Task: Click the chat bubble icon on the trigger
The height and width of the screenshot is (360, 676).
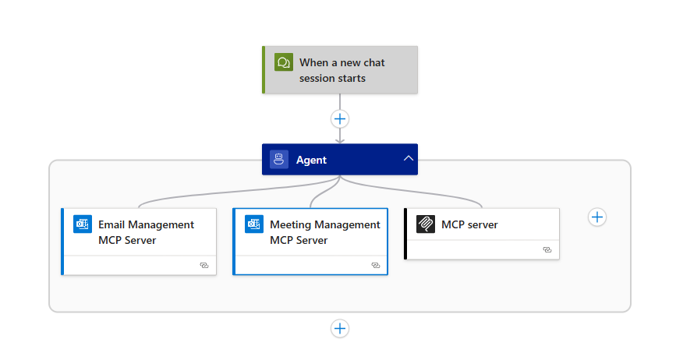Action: [x=283, y=62]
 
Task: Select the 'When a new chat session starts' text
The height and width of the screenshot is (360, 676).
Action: [x=342, y=70]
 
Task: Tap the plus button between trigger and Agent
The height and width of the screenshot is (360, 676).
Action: [x=340, y=119]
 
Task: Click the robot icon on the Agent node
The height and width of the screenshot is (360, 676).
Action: [x=279, y=160]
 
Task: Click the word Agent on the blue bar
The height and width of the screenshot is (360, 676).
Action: [x=311, y=160]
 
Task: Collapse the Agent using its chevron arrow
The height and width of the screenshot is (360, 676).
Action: [x=408, y=159]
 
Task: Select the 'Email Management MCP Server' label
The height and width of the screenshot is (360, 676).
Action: [x=146, y=232]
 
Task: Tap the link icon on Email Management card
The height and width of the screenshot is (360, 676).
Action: [x=204, y=266]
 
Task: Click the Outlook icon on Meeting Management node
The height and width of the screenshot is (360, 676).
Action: [x=254, y=224]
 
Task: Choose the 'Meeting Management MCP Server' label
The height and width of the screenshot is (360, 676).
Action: [x=324, y=232]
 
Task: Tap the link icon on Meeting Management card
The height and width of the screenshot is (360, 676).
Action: [x=375, y=266]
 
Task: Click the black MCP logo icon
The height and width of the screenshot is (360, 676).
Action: [x=426, y=224]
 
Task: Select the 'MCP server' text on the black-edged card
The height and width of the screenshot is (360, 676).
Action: [x=469, y=224]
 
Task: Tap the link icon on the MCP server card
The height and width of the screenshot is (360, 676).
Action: [x=547, y=250]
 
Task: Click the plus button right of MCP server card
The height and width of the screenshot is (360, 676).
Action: [x=596, y=217]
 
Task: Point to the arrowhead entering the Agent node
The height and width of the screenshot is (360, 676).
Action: [x=340, y=140]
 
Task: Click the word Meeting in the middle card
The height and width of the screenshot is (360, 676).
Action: [x=291, y=224]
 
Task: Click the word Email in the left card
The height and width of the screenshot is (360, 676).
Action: [x=111, y=224]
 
